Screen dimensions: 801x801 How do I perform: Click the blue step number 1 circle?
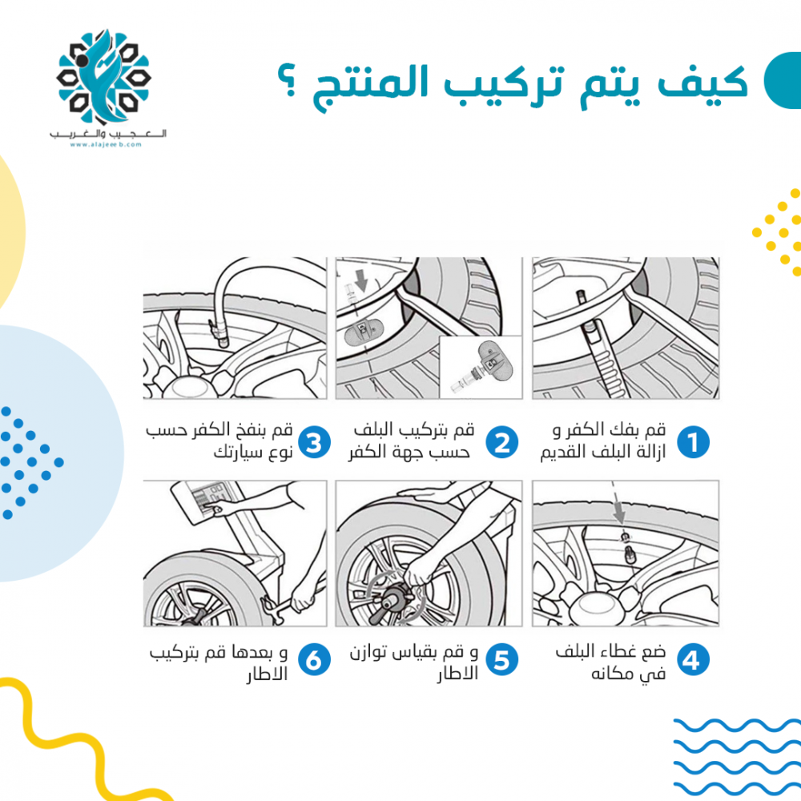pos(693,442)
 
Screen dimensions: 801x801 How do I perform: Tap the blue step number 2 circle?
pos(501,442)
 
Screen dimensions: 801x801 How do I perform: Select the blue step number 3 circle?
pos(314,442)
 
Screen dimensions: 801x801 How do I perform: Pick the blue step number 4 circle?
pos(693,659)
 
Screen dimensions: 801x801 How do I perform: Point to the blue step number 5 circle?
pos(501,659)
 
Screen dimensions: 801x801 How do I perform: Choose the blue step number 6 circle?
pos(314,659)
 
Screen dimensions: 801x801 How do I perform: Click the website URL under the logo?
pos(106,144)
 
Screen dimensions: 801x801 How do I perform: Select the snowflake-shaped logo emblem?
pos(103,77)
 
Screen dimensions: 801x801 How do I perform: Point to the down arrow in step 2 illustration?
pos(361,280)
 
